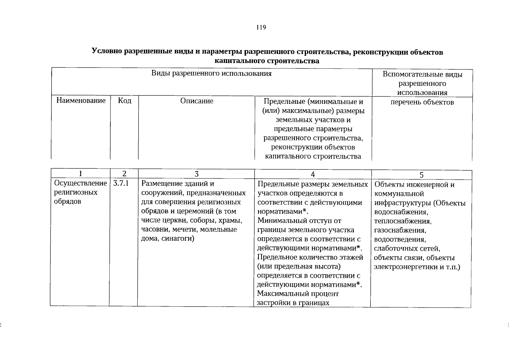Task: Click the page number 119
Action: (x=261, y=28)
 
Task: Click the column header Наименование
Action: (x=81, y=100)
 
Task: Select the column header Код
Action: (x=124, y=100)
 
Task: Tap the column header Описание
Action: (x=197, y=101)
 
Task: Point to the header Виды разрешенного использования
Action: (x=211, y=74)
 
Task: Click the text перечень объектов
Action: (x=422, y=102)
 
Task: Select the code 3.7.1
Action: (x=121, y=183)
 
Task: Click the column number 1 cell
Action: (x=80, y=174)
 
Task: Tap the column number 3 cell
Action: (x=196, y=174)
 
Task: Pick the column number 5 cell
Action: (x=421, y=175)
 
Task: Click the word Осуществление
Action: (x=80, y=183)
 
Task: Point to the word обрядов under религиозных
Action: (x=67, y=202)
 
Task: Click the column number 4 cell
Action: (x=313, y=175)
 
